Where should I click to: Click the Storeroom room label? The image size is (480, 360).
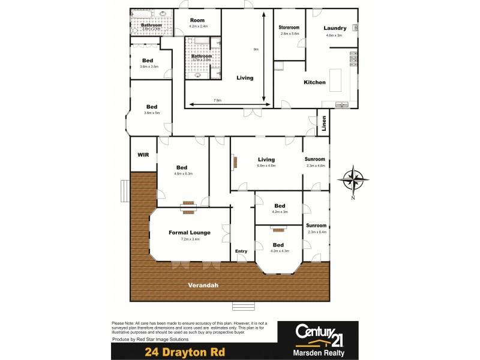(289, 28)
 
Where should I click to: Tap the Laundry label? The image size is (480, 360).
(335, 28)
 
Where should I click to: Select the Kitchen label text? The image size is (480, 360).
(314, 82)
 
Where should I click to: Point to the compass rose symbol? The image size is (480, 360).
(352, 179)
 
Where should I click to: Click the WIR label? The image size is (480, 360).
(143, 154)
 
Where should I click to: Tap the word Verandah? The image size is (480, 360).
(202, 284)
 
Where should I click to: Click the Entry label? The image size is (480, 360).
(241, 251)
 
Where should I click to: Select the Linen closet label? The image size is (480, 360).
(324, 124)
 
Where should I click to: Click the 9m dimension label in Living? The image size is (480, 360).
(256, 49)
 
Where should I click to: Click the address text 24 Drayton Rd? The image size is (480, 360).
(184, 352)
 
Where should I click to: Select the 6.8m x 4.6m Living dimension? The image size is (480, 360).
(266, 166)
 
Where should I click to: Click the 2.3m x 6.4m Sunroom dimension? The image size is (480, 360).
(316, 232)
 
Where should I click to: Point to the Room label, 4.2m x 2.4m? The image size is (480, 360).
(198, 26)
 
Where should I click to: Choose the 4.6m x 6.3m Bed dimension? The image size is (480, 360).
(182, 174)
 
